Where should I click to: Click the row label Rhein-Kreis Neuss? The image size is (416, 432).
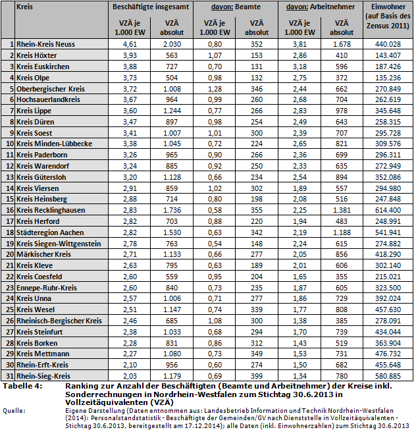coord(43,43)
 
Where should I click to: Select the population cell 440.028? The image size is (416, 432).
coord(388,43)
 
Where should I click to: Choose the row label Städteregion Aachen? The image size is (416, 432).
coord(50,232)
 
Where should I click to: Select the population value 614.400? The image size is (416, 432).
coord(388,209)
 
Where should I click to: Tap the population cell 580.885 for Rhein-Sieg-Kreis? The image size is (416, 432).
coord(388,374)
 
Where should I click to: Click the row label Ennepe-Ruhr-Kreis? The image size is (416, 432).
coord(47,287)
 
